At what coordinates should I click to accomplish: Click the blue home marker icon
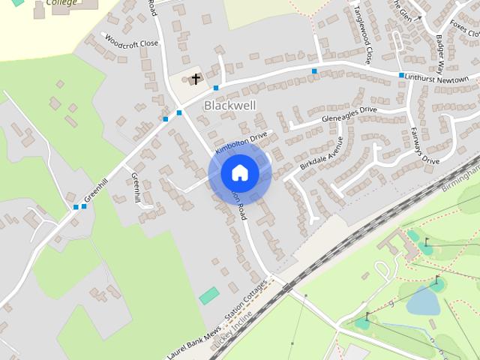(239, 173)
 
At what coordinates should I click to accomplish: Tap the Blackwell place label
(229, 106)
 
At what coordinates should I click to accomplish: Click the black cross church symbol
(196, 78)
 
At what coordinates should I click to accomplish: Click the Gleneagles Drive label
(349, 114)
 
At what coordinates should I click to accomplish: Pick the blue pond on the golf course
(423, 301)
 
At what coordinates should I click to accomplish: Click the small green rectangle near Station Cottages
(209, 295)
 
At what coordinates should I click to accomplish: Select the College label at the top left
(61, 3)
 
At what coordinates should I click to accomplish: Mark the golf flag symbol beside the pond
(436, 281)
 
